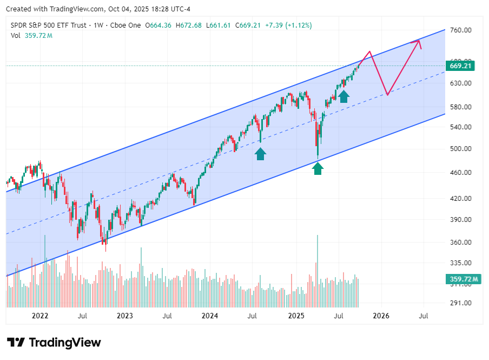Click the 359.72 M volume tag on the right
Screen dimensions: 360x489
coord(464,279)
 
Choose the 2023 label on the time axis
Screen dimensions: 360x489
coord(124,316)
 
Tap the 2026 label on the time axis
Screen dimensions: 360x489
coord(381,316)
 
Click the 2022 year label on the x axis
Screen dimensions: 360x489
coord(39,316)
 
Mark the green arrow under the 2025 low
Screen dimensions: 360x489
coord(318,168)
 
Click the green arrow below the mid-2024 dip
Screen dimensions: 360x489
coord(261,154)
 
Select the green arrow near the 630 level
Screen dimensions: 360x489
coord(343,96)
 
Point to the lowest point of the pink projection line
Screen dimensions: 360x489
coord(387,95)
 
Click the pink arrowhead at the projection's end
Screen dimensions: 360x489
coord(419,42)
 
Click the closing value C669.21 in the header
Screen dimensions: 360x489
coord(246,25)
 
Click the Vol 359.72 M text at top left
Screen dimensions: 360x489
coord(31,35)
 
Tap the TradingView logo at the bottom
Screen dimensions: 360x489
coord(54,342)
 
